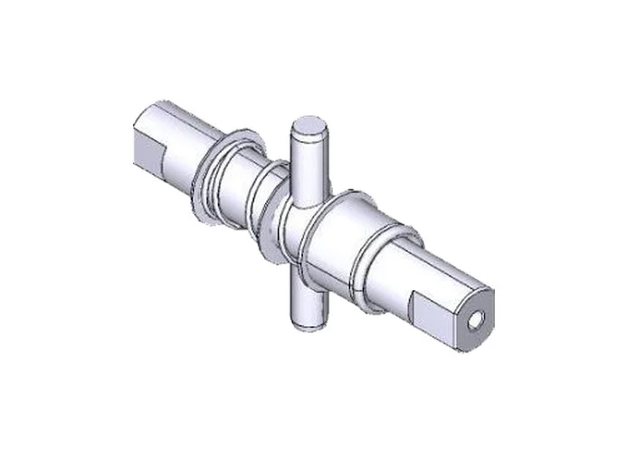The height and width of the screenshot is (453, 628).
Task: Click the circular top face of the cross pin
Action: pyautogui.click(x=311, y=128)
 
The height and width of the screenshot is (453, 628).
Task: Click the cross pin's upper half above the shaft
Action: pyautogui.click(x=308, y=168)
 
